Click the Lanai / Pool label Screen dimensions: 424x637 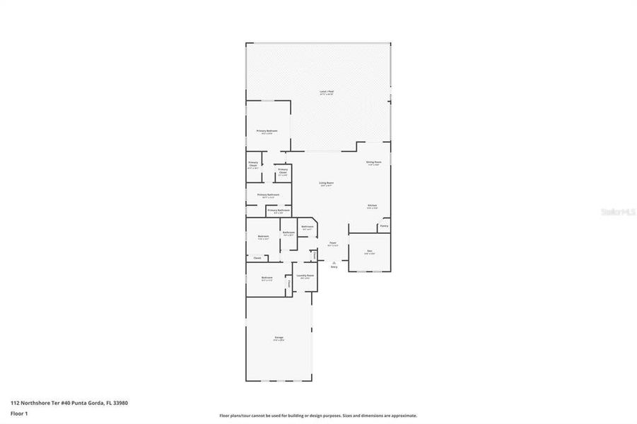326,92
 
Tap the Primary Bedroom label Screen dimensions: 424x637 267,131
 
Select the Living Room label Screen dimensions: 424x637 326,184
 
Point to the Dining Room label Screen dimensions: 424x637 373,163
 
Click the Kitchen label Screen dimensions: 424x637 372,206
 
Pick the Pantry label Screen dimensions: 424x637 383,227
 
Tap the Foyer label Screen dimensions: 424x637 332,243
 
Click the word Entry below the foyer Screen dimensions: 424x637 334,266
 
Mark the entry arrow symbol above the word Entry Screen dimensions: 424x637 334,261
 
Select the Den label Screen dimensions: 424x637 369,251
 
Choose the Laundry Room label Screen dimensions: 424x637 305,276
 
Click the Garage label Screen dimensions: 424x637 279,338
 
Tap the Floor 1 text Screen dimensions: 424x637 18,413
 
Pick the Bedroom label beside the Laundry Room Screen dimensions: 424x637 267,278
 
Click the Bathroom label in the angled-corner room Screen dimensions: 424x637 308,228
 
